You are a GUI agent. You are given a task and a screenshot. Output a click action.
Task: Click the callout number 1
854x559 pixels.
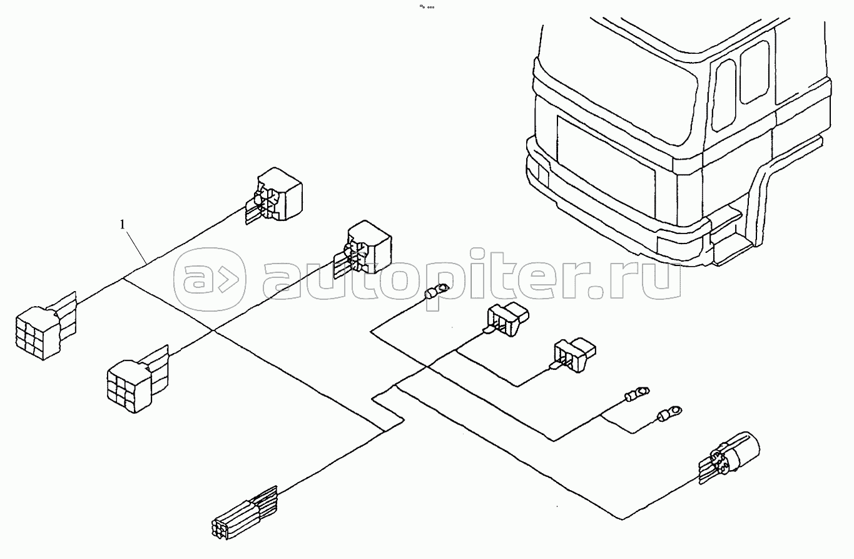[x=123, y=223]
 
